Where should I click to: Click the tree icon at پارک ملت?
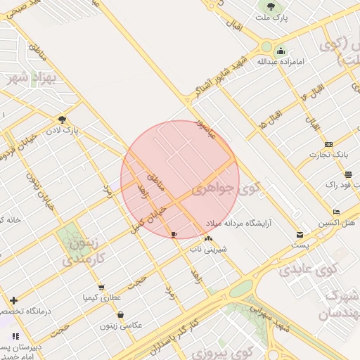(271, 7)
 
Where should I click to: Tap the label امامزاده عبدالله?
(281, 62)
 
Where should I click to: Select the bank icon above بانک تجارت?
(328, 144)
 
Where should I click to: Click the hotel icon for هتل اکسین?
(337, 212)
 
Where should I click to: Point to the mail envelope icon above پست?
(300, 234)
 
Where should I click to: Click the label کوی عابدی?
(308, 269)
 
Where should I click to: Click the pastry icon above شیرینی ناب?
(207, 239)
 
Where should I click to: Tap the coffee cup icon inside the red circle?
(174, 234)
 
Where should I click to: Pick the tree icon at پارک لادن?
(63, 120)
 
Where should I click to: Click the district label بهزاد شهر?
(37, 77)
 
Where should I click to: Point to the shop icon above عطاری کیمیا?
(101, 288)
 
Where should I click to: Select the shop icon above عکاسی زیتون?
(121, 315)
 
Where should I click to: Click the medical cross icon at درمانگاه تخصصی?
(13, 300)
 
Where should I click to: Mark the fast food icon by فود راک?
(348, 174)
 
